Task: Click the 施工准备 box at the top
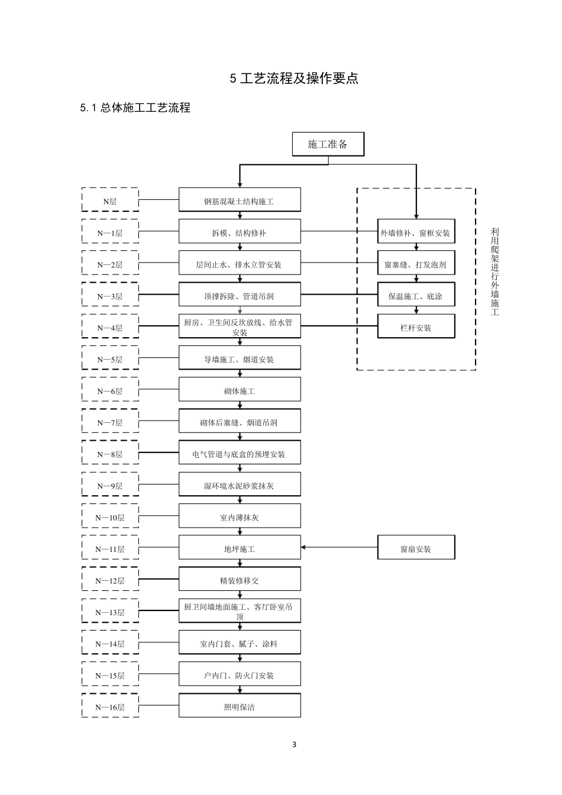tap(328, 144)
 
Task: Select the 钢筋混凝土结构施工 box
tap(240, 201)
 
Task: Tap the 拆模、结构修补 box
tap(240, 232)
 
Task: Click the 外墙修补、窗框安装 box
tap(416, 232)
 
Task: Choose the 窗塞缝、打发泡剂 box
tap(416, 264)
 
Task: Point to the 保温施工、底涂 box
tap(416, 296)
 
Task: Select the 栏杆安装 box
tap(416, 327)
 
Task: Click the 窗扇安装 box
tap(416, 548)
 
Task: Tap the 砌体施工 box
tap(240, 390)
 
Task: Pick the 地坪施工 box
tap(240, 548)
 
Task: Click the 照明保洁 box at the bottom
tap(240, 706)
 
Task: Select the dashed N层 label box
tap(110, 201)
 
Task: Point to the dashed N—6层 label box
tap(110, 390)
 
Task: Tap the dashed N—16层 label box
tap(110, 706)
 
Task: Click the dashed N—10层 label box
tap(110, 517)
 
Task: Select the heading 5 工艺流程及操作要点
tap(294, 78)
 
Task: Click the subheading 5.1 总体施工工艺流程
tap(135, 108)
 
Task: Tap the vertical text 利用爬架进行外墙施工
tap(495, 272)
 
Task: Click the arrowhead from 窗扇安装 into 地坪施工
tap(304, 547)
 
